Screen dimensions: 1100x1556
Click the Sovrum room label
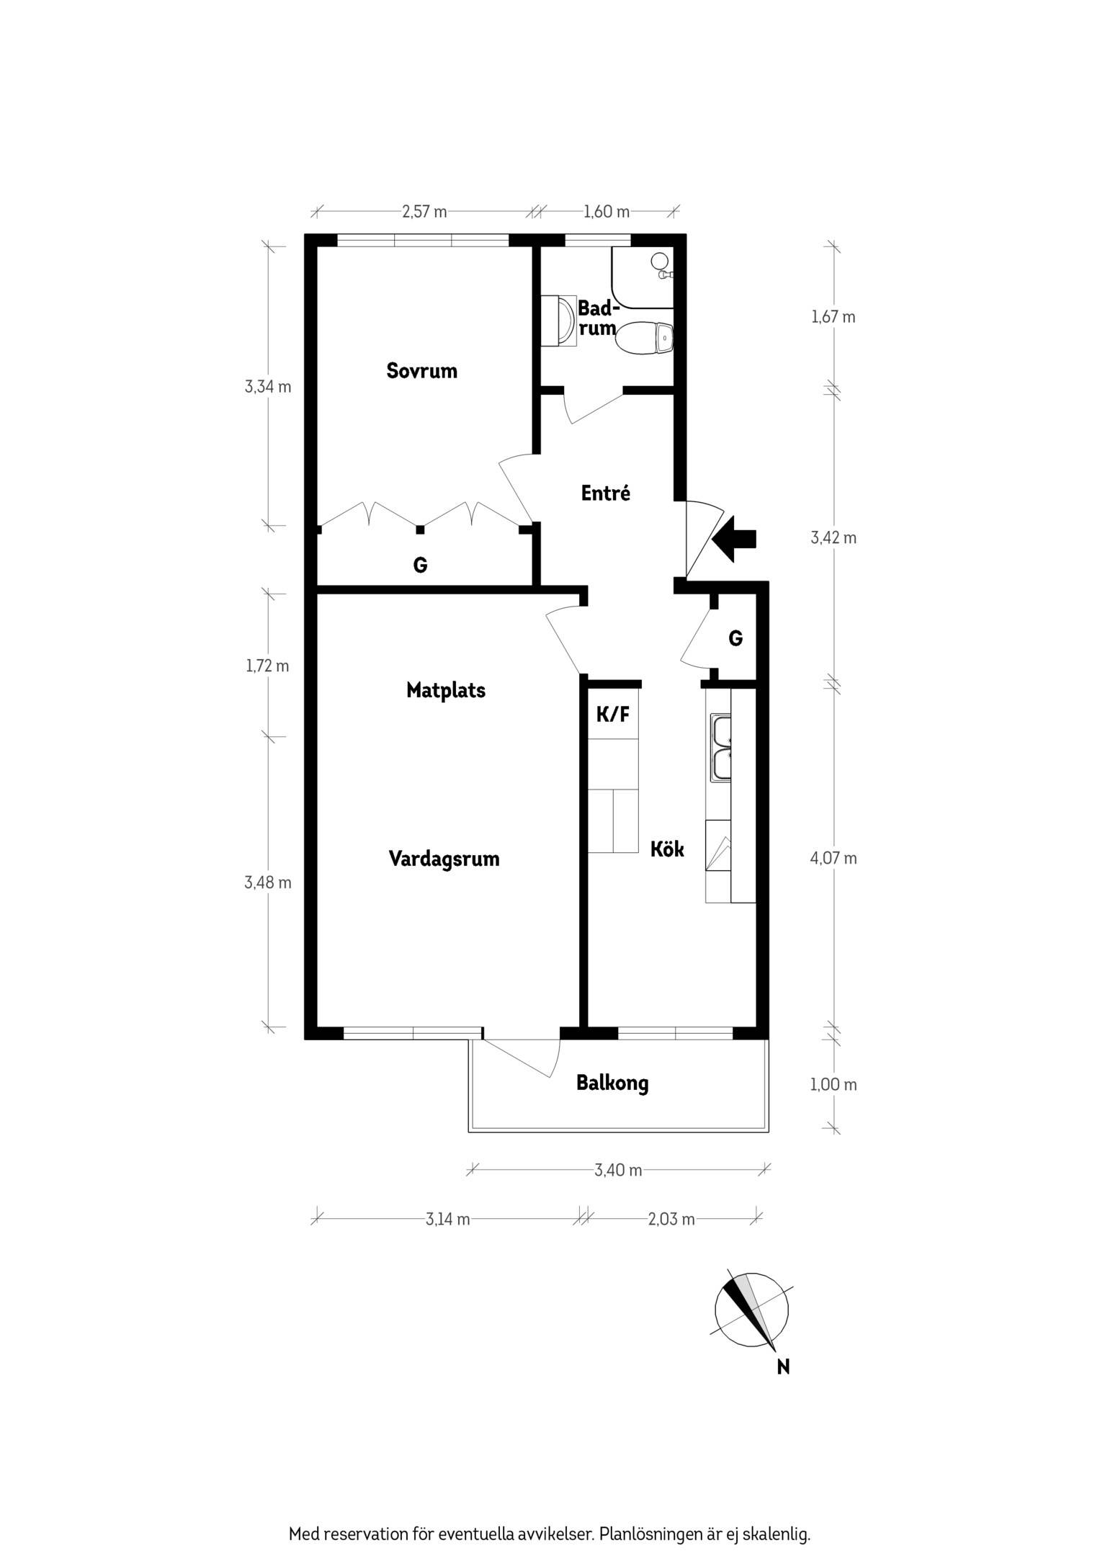click(421, 371)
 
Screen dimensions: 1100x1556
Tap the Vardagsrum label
click(444, 859)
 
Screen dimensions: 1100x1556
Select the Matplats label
click(446, 690)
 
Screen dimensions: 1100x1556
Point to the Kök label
click(667, 849)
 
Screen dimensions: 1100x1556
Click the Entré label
click(606, 493)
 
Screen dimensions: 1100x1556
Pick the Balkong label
click(612, 1083)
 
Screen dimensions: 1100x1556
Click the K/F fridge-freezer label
click(613, 715)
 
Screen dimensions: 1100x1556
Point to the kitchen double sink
click(721, 748)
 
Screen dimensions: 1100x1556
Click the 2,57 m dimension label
click(424, 211)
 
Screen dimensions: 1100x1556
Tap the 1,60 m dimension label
click(606, 211)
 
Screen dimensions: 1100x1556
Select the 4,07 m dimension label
click(834, 858)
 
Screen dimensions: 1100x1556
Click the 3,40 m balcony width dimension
click(618, 1170)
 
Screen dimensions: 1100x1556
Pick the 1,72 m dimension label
click(267, 666)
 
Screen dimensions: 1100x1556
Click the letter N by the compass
click(783, 1366)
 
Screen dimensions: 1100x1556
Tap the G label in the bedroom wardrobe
click(420, 565)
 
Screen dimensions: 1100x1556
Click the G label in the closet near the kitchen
click(735, 638)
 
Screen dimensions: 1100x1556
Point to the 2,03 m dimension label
click(671, 1219)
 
